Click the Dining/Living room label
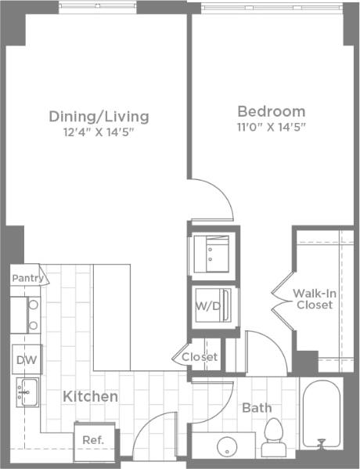pos(99,117)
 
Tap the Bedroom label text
pos(271,110)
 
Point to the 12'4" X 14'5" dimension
pos(99,132)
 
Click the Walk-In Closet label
pos(315,299)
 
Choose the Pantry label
pos(26,277)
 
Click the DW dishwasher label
pos(25,359)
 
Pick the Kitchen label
pos(91,397)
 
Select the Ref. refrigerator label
pos(93,440)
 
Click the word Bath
pos(256,408)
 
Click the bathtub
pos(321,415)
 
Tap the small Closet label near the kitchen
pos(200,357)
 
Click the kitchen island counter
pos(111,316)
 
